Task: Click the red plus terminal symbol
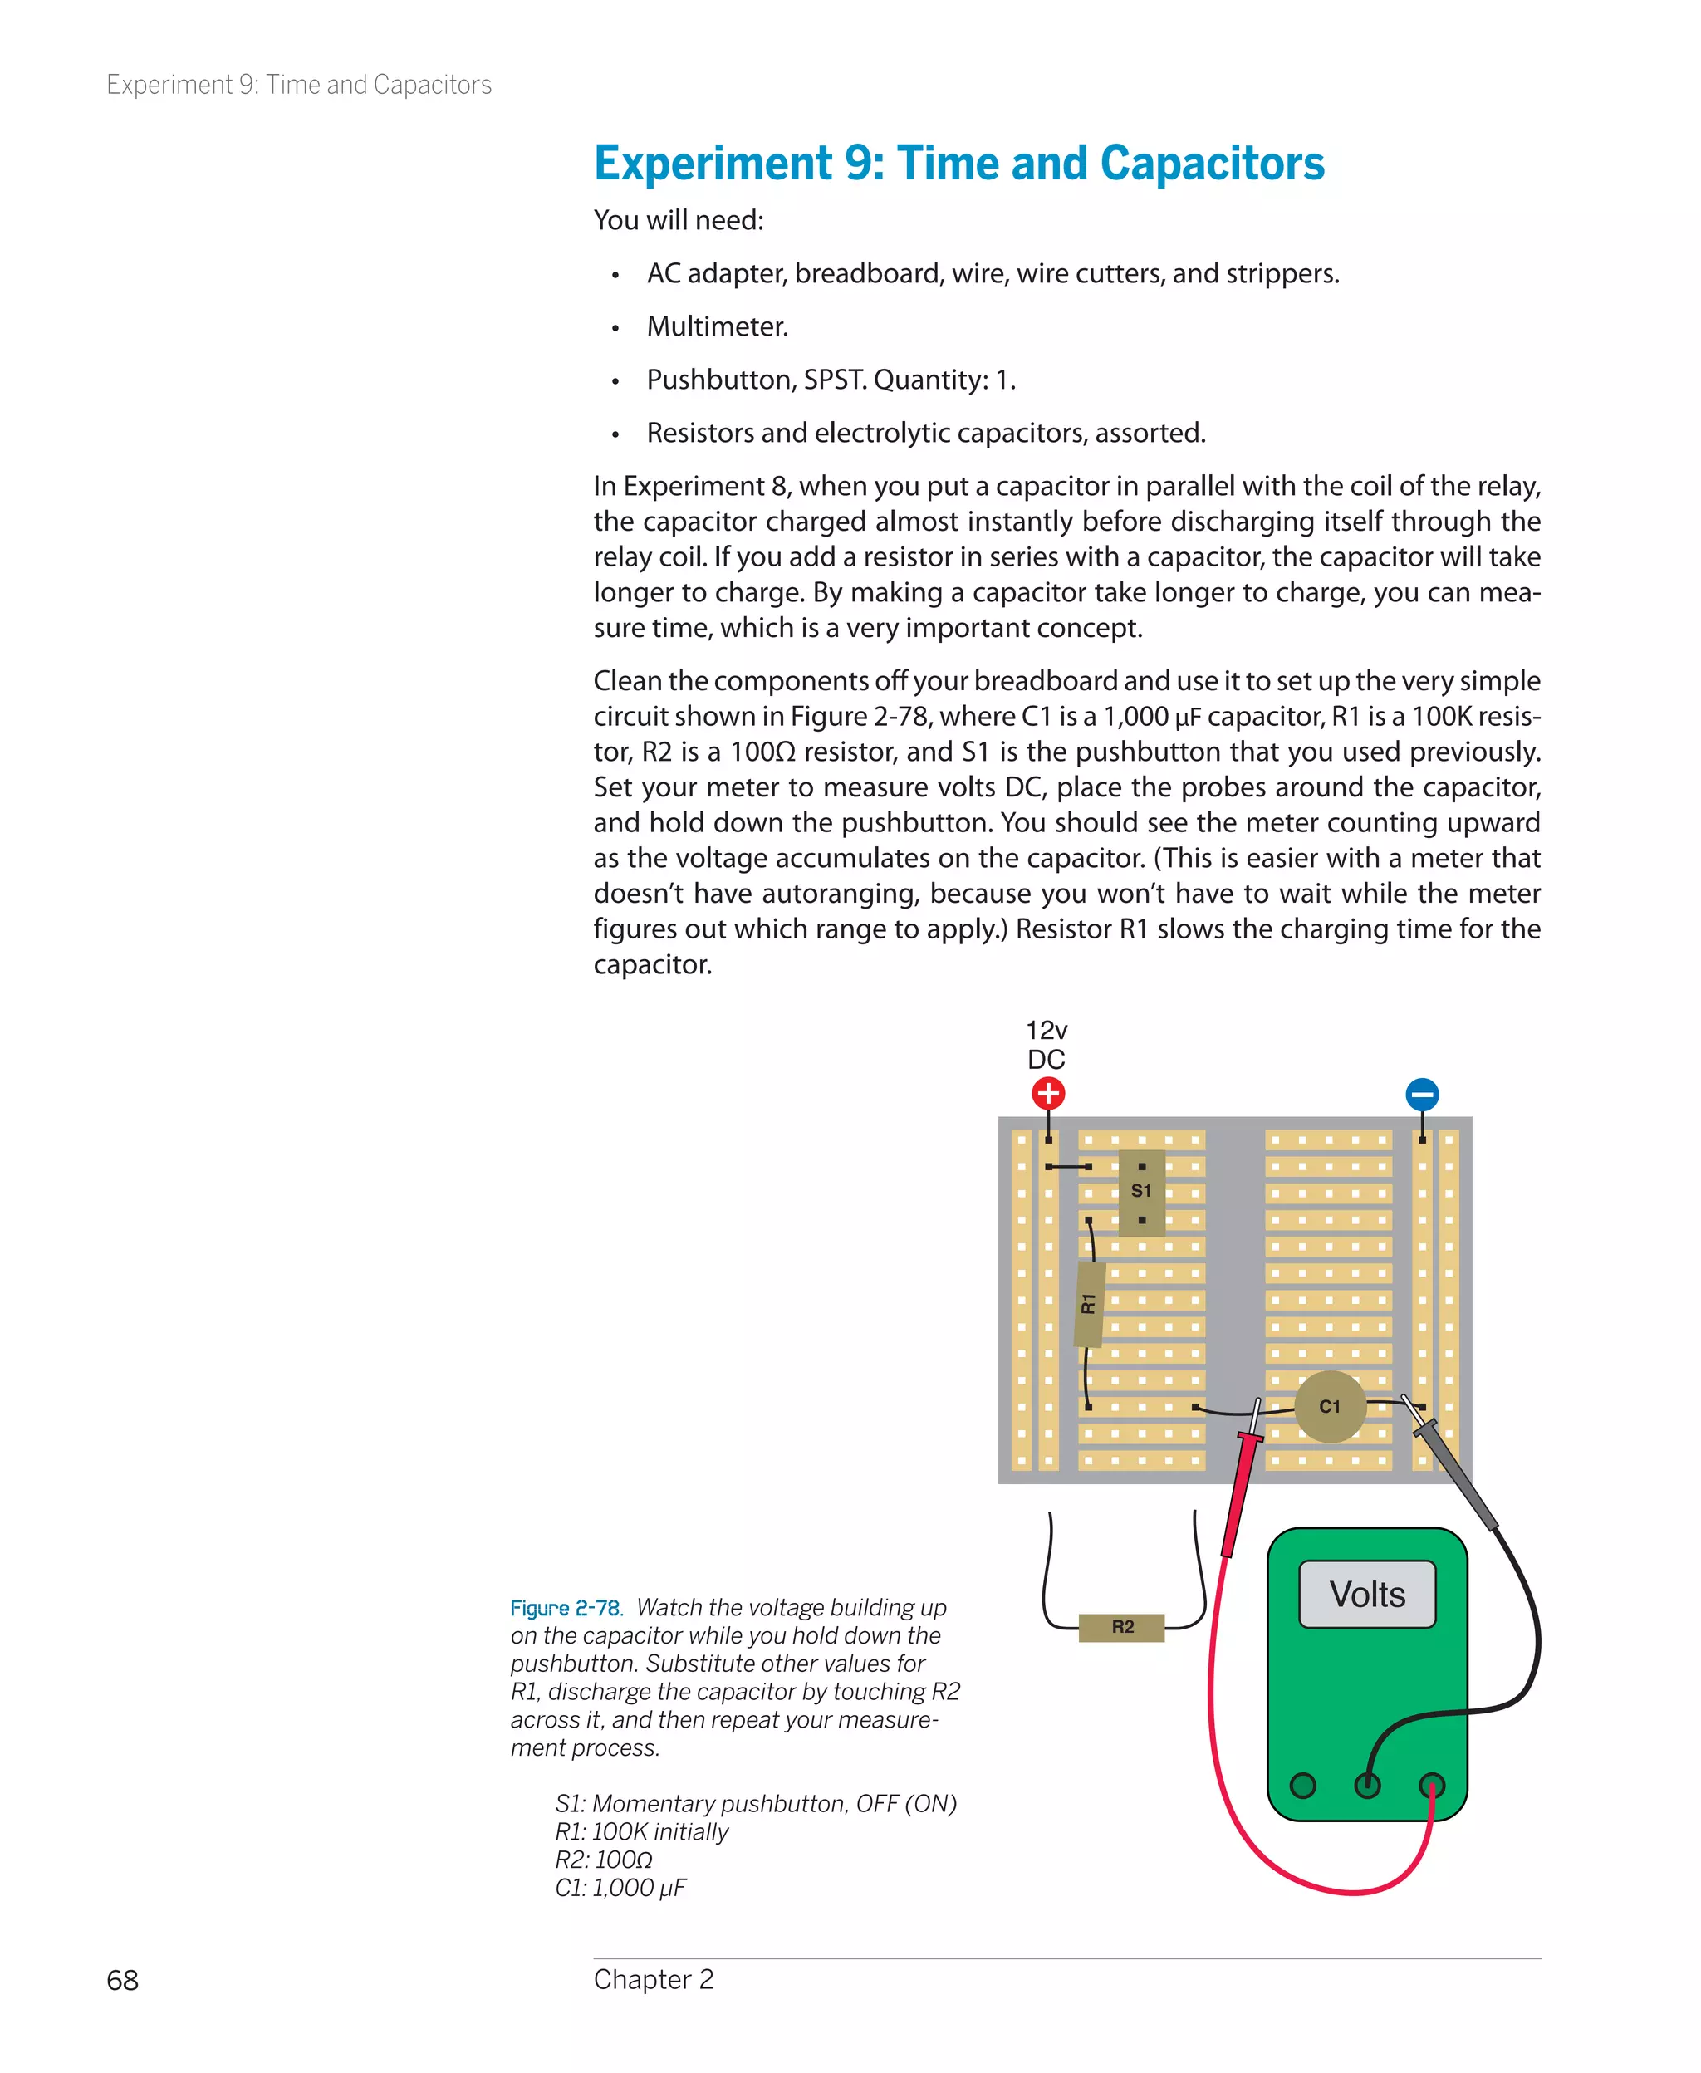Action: [1047, 1093]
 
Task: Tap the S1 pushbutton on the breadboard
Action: [1141, 1191]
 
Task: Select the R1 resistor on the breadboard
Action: [1090, 1303]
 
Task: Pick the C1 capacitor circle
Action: [1330, 1407]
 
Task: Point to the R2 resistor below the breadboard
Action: [1122, 1627]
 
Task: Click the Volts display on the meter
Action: [1367, 1595]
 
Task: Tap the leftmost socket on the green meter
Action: [1302, 1785]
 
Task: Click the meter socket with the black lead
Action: [1367, 1785]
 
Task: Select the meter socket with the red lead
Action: [1432, 1785]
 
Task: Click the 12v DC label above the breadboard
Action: [1047, 1044]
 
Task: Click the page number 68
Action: [122, 1980]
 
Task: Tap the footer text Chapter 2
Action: [654, 1979]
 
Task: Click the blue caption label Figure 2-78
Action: [566, 1608]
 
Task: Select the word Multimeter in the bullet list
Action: [718, 326]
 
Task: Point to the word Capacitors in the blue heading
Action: [1212, 164]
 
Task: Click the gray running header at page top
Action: [299, 86]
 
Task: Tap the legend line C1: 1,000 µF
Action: [620, 1888]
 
